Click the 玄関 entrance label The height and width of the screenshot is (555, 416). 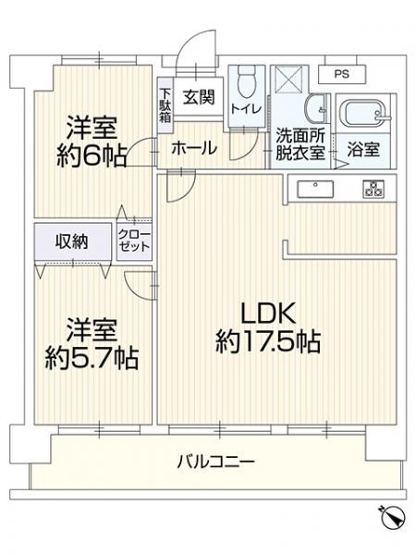click(x=197, y=95)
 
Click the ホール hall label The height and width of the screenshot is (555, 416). click(x=194, y=147)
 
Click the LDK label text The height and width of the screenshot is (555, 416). click(x=268, y=312)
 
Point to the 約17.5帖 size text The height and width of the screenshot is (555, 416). click(x=268, y=343)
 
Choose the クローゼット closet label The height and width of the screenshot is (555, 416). click(x=131, y=242)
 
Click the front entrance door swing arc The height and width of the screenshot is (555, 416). click(x=192, y=51)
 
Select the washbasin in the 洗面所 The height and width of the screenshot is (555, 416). click(x=317, y=108)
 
